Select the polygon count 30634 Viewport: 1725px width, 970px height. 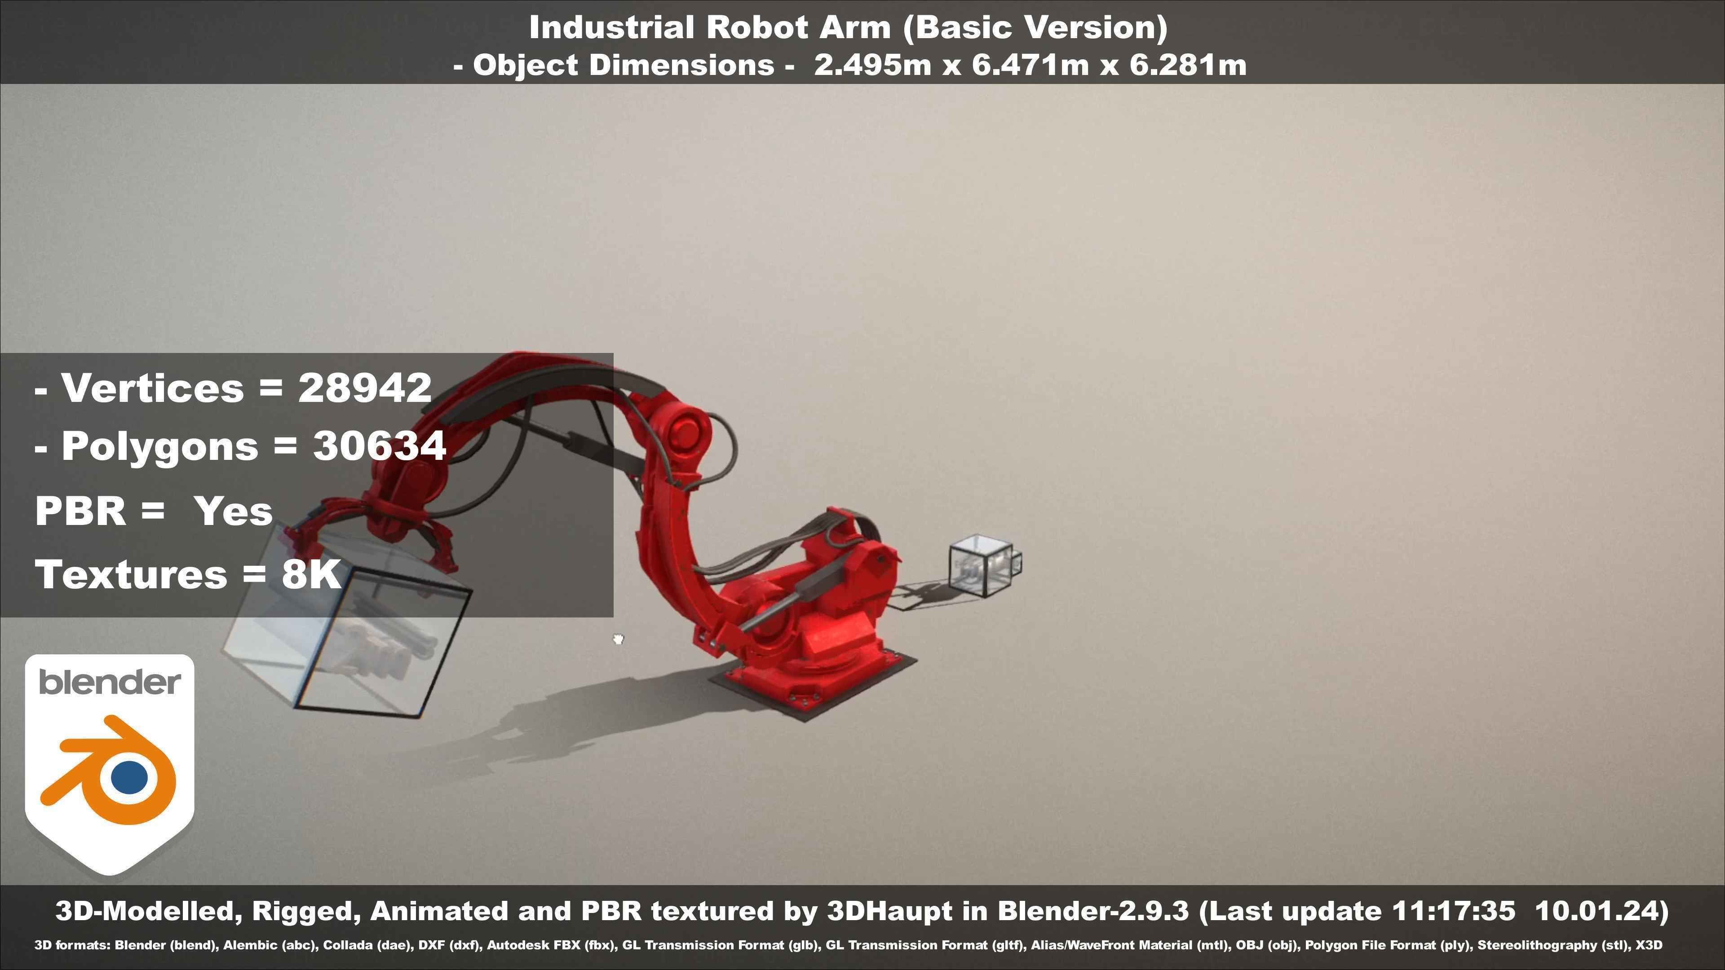click(380, 446)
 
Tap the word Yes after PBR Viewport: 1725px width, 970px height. click(233, 511)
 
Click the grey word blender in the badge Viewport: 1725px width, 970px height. click(110, 682)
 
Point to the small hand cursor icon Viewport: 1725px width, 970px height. click(618, 639)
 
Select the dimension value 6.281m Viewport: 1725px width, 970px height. click(1188, 66)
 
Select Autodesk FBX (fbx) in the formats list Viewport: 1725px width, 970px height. click(550, 945)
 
